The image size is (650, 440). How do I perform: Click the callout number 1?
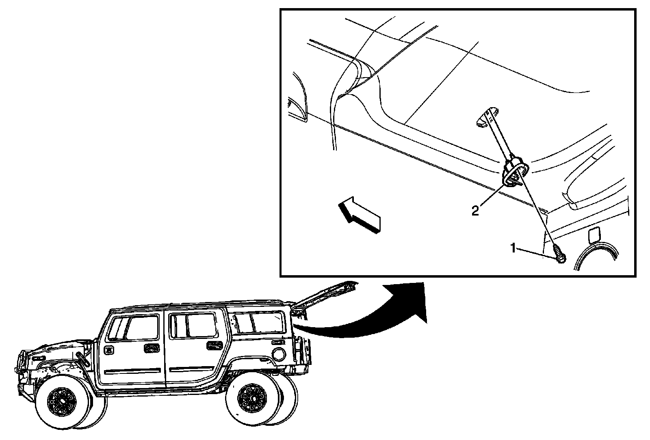pos(513,248)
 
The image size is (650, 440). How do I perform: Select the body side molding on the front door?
pos(130,371)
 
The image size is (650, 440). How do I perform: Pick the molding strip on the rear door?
pos(195,369)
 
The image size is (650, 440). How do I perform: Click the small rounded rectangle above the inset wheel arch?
pos(593,234)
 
